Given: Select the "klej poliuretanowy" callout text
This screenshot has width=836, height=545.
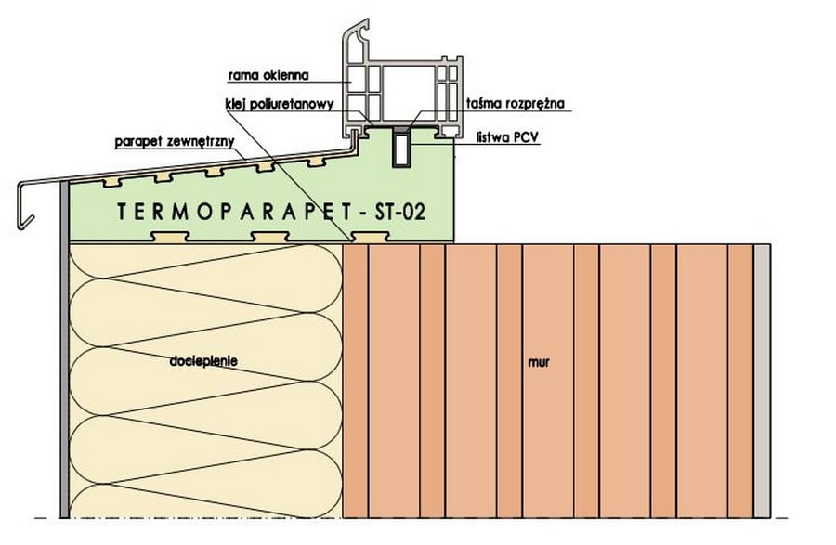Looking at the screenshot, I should tap(278, 105).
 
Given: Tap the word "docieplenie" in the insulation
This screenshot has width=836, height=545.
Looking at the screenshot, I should tap(201, 358).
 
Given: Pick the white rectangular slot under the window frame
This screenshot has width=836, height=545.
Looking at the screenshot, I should tap(401, 149).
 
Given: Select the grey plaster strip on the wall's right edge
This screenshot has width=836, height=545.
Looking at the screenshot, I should tap(762, 381).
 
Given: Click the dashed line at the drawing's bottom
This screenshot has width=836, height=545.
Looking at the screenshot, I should tap(418, 516).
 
